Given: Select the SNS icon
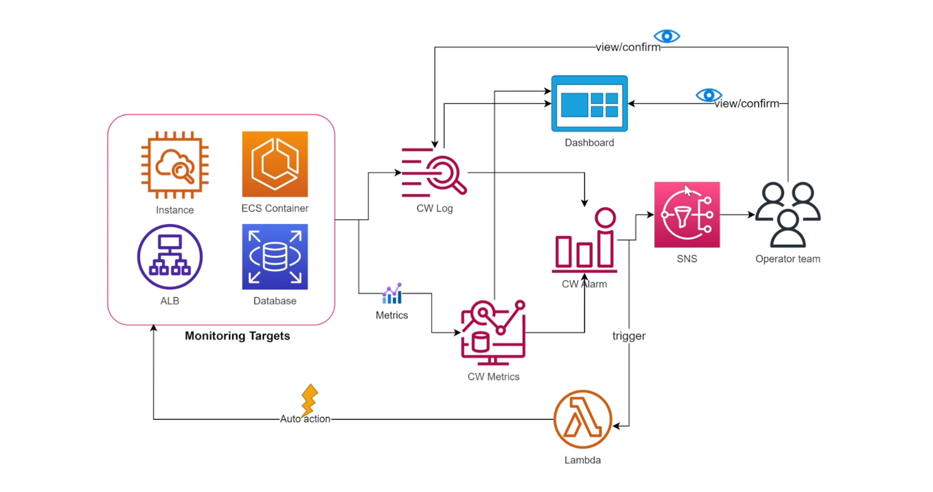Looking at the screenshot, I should [687, 215].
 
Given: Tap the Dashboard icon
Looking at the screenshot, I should [589, 104].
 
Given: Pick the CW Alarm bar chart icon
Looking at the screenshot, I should [584, 241].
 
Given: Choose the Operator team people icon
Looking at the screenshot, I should [787, 214].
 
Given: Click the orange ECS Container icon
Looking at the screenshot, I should [275, 164].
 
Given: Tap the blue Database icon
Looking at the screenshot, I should [275, 257].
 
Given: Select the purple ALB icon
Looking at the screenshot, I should [170, 257].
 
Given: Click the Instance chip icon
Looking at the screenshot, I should [174, 165].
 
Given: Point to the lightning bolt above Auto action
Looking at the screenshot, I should [309, 399].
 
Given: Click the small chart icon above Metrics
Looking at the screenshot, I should [392, 294].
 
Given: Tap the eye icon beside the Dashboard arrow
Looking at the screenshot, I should [709, 95].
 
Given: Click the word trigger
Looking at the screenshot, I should [628, 336].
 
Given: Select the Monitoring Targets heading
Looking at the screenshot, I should [238, 336].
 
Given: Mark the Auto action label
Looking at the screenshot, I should [305, 419].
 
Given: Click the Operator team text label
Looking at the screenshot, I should [787, 259].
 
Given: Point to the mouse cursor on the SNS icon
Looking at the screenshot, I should [688, 190].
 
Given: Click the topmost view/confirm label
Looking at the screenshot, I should [628, 47].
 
